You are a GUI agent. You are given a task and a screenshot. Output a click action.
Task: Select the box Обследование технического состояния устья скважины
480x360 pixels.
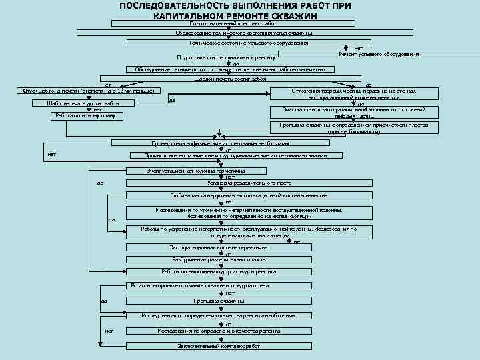[x=244, y=33]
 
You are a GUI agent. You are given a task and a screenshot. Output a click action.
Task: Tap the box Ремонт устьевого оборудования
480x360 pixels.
[x=379, y=54]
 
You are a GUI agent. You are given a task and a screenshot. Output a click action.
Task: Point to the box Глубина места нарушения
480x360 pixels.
[x=249, y=196]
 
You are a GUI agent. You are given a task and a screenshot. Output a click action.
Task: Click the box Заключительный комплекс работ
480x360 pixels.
[x=219, y=347]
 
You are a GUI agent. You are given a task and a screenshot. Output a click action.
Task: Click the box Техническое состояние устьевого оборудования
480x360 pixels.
[x=248, y=43]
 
